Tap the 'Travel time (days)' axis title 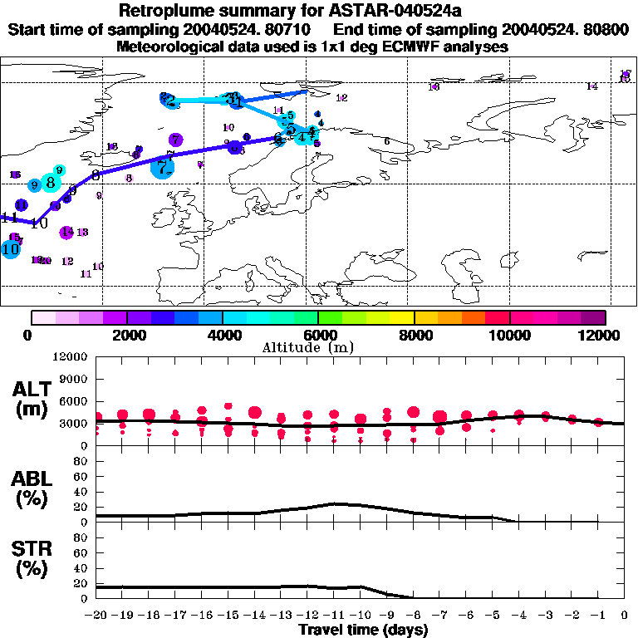pos(363,631)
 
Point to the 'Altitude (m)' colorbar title pos(317,347)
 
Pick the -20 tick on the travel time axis pos(96,616)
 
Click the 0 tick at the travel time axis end pos(625,616)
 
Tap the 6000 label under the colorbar pos(318,335)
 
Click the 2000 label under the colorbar pos(127,335)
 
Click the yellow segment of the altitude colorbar pos(402,317)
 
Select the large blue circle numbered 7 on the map pos(163,167)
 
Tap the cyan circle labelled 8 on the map pos(52,181)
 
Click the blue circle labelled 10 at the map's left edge pos(11,248)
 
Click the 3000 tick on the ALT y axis pos(75,423)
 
